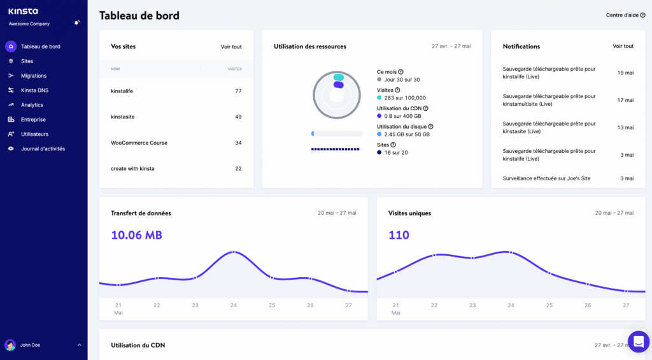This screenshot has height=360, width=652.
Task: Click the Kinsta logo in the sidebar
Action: [23, 11]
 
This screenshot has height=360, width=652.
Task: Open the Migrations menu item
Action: [34, 76]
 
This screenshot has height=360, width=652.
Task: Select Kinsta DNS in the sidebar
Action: [34, 90]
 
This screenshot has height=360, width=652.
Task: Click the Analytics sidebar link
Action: [32, 105]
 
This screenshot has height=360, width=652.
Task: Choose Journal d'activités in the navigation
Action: [43, 149]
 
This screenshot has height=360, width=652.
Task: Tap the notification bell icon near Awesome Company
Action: [76, 23]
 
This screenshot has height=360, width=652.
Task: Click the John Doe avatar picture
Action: [10, 345]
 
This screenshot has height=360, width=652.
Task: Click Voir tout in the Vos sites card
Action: [231, 47]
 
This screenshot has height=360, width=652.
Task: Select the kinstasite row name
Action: [123, 117]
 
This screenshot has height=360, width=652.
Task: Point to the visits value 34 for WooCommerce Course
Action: [238, 143]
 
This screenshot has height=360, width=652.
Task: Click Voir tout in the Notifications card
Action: [623, 47]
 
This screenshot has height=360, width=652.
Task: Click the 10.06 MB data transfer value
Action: [136, 235]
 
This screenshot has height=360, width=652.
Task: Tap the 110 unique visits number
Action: [399, 235]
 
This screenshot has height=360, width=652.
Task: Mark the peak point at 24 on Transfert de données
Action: [234, 252]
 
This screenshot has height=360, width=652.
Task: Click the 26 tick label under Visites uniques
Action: [588, 305]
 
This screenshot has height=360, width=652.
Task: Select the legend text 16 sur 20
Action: [395, 153]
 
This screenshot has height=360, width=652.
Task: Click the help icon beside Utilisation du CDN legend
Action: [426, 109]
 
